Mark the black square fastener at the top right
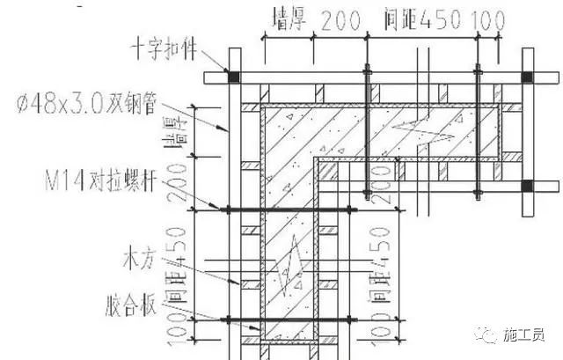[527, 77]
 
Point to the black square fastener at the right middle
[527, 186]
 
